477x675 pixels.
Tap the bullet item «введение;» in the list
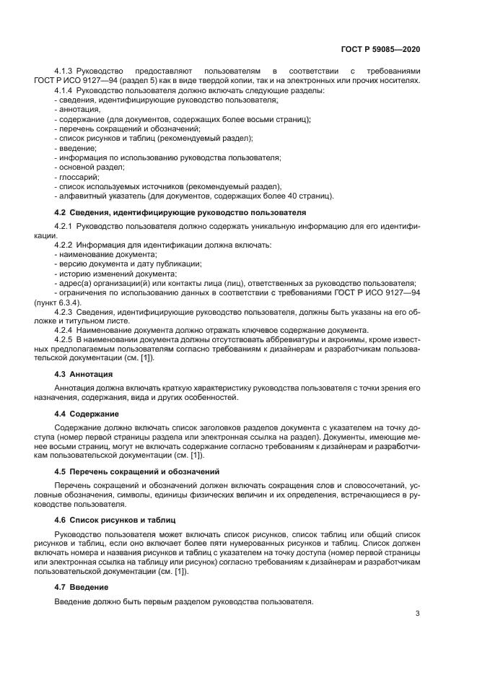coord(76,147)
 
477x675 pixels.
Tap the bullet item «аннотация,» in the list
coord(79,109)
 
